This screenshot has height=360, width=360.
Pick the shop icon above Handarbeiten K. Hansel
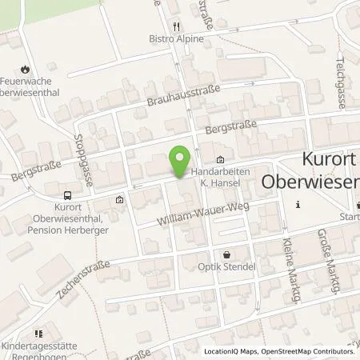coord(221,158)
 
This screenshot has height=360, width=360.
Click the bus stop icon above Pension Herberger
coord(67,194)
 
